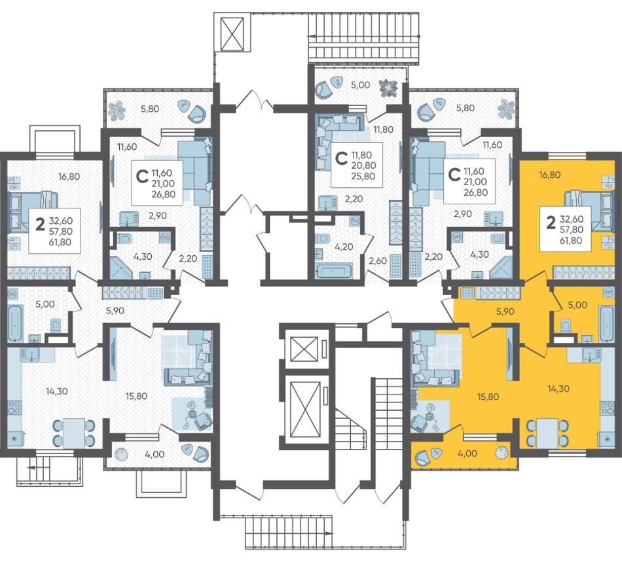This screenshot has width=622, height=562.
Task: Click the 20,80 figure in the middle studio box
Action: pyautogui.click(x=363, y=166)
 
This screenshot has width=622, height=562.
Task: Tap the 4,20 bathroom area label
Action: pyautogui.click(x=344, y=247)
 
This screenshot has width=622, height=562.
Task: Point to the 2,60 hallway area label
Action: pyautogui.click(x=378, y=260)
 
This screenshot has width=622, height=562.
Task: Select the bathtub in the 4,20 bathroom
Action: pyautogui.click(x=334, y=271)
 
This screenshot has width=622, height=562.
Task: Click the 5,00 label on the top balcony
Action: pyautogui.click(x=361, y=85)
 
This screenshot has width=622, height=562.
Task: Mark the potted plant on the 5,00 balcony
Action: pyautogui.click(x=387, y=88)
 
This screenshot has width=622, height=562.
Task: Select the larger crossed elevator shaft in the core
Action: pyautogui.click(x=305, y=409)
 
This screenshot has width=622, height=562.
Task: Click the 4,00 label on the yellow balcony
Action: pyautogui.click(x=467, y=453)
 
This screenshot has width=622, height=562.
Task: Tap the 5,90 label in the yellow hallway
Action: pyautogui.click(x=505, y=311)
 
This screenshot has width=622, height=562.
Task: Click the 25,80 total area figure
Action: pyautogui.click(x=363, y=176)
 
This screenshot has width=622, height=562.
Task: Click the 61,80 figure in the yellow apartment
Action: pyautogui.click(x=571, y=239)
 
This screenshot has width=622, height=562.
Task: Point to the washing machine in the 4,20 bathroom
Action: pyautogui.click(x=354, y=220)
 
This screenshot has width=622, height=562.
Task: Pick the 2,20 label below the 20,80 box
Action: pyautogui.click(x=354, y=199)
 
